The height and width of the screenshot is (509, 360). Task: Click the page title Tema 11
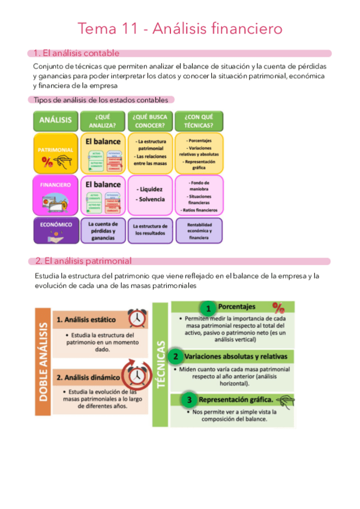tap(180, 28)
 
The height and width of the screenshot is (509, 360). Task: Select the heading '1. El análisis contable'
tap(76, 53)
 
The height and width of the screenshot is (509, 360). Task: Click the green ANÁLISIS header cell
tap(55, 121)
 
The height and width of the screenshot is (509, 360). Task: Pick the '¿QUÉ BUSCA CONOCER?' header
tap(151, 121)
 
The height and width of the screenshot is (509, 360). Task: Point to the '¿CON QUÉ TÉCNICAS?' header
tap(199, 121)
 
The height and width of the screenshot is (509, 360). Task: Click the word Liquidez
tap(150, 189)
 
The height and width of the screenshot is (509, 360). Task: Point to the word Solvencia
tap(150, 199)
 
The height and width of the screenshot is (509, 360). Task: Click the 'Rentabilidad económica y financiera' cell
tap(199, 230)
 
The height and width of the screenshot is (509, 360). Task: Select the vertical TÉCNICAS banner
tap(160, 364)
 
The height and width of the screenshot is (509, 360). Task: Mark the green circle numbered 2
tap(176, 357)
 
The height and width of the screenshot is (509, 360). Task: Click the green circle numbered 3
tap(189, 399)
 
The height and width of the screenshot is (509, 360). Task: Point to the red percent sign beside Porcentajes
tap(278, 307)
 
